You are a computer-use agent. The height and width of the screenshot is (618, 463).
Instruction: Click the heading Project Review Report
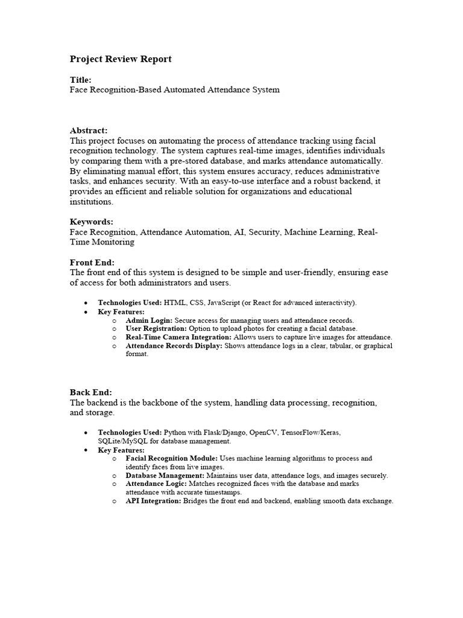pos(121,59)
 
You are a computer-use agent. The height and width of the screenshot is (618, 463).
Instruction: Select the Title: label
pos(81,80)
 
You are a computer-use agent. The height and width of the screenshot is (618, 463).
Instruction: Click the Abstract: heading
pos(89,130)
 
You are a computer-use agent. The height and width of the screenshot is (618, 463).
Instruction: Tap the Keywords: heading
pos(92,221)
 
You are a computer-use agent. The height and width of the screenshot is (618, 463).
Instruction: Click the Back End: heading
pos(91,392)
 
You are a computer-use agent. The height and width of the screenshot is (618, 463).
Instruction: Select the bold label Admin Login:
pos(149,320)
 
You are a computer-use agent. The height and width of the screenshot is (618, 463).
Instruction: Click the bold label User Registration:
pos(156,329)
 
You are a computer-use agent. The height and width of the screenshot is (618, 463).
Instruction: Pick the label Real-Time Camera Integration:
pos(178,337)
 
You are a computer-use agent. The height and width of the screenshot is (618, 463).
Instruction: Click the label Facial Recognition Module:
pos(171,459)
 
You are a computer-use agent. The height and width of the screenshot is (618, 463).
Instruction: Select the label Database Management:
pos(163,476)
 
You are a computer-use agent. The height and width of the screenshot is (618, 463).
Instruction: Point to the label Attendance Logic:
pos(156,484)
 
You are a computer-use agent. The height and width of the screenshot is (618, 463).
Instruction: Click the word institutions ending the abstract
pos(90,202)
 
